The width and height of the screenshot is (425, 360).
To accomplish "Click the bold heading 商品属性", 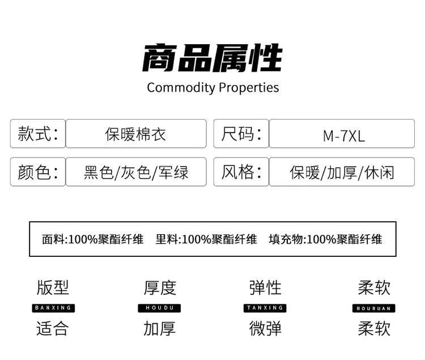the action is (212, 58).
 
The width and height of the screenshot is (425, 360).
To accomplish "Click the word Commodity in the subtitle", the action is (181, 88).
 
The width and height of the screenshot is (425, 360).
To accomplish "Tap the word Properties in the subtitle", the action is (249, 88).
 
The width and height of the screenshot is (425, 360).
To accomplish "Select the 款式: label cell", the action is (37, 134).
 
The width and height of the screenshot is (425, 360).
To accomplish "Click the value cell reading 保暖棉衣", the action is (136, 134).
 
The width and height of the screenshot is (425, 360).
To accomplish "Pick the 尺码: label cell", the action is (241, 134).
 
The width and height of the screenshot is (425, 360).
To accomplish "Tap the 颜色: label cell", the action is (37, 172).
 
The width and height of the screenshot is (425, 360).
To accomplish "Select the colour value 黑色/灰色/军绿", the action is (136, 172).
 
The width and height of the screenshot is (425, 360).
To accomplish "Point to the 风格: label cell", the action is (241, 172).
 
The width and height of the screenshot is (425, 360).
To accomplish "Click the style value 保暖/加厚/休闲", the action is (342, 172).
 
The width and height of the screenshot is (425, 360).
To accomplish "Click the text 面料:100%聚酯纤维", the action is (93, 239).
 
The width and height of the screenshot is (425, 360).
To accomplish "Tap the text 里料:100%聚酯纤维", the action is (206, 239).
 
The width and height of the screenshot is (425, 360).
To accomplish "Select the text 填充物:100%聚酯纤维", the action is (325, 239).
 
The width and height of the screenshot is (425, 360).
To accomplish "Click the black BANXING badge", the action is (53, 308).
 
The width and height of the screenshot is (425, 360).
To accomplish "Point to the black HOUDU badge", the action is (159, 308).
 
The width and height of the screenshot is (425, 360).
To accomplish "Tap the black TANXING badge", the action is (265, 308).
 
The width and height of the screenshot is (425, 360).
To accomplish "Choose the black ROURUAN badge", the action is (374, 308).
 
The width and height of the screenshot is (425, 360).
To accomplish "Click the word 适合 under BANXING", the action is (53, 328).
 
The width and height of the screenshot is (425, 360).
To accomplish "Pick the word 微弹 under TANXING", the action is (265, 328).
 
